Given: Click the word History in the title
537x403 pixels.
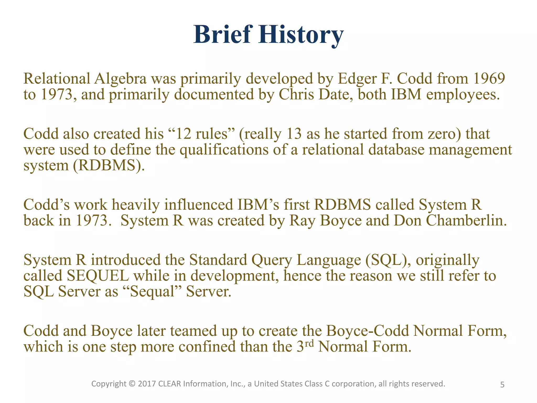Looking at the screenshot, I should click(x=301, y=35).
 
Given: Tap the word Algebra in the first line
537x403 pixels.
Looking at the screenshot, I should click(x=120, y=78).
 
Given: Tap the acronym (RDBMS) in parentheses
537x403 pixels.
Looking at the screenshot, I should click(x=109, y=166).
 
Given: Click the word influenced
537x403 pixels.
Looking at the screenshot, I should click(x=198, y=205).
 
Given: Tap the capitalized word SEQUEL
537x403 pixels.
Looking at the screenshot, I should click(x=98, y=276).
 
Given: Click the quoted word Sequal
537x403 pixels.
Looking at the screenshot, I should click(x=152, y=292).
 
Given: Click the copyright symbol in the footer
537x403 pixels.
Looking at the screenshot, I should click(x=132, y=384).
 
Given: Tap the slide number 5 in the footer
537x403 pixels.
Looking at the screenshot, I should click(x=502, y=385).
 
